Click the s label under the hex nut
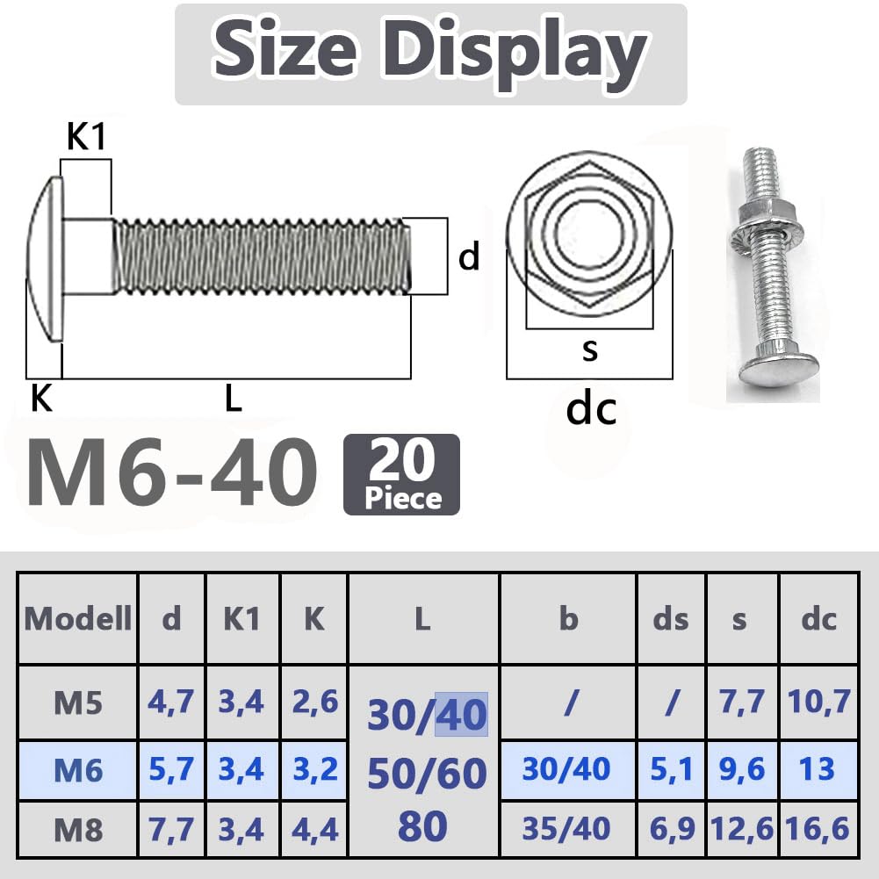pos(590,349)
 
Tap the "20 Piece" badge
pos(401,474)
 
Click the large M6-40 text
pos(171,472)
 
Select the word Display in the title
pos(515,50)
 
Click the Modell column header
pos(78,618)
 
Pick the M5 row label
pos(78,702)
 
